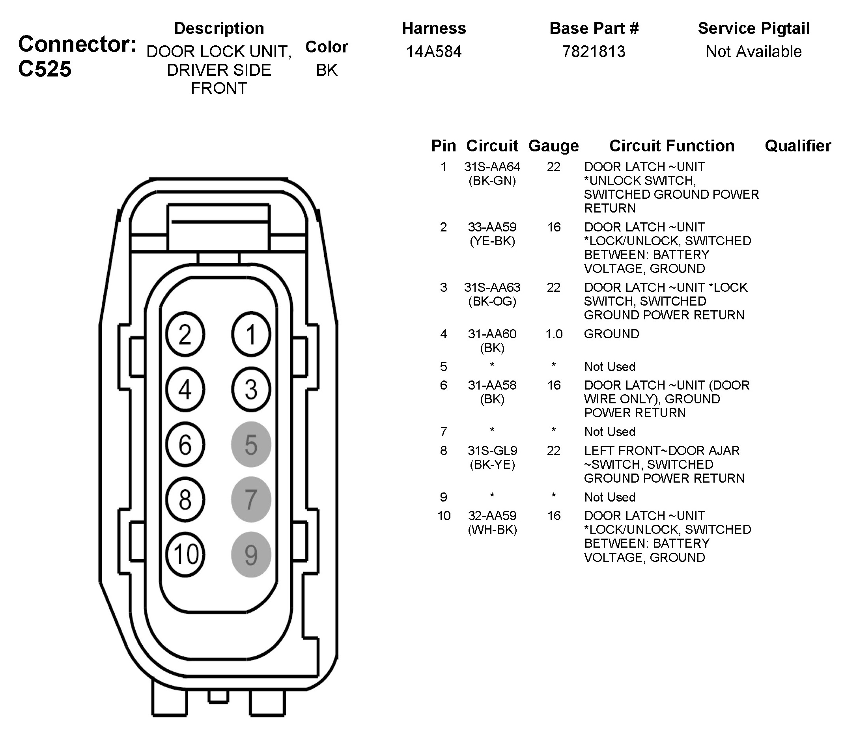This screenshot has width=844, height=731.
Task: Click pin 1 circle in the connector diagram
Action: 251,334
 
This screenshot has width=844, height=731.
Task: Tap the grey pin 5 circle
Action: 251,444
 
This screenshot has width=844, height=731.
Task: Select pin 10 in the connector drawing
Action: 185,554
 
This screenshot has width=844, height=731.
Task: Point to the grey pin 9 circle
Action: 251,554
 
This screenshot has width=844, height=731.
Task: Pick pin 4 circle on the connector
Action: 185,389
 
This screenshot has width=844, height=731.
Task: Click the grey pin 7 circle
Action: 251,499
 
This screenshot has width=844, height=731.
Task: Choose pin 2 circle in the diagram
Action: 185,334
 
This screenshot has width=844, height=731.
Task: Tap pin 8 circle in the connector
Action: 185,499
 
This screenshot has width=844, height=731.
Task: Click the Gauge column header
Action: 553,145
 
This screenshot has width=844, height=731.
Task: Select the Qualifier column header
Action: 797,145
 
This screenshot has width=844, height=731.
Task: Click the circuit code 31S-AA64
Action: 492,167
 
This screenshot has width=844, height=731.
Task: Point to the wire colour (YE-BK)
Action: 492,241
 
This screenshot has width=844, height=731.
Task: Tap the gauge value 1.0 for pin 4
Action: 554,334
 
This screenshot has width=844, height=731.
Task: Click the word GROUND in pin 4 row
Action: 611,334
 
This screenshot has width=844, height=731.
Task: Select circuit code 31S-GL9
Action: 492,451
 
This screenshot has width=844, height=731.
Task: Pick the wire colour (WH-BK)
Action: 492,530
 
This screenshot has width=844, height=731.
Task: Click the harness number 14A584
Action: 433,52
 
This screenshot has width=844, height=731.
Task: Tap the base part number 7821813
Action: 594,52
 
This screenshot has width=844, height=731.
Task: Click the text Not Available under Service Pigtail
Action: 753,52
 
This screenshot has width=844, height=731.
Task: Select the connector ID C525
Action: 45,69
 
